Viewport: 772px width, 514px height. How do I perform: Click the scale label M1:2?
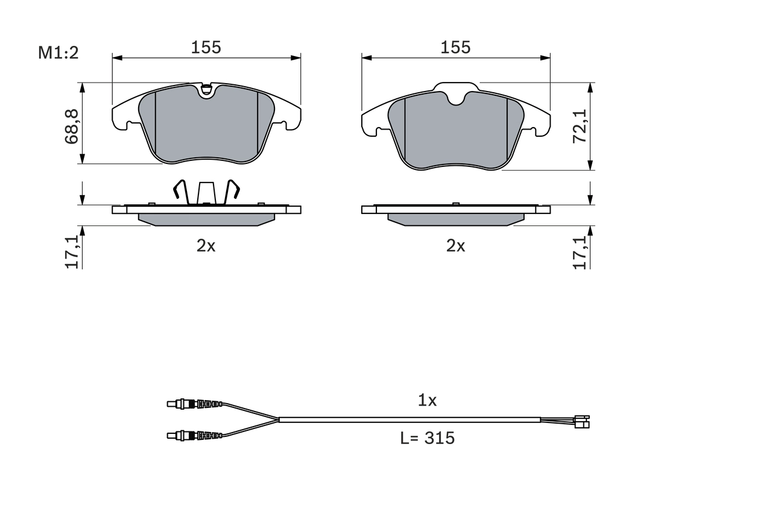click(59, 53)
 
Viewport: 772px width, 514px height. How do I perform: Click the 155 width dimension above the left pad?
click(206, 48)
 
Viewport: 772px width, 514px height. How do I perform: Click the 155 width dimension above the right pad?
click(455, 48)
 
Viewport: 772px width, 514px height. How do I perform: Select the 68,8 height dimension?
click(73, 126)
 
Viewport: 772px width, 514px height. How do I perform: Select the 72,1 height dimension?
click(580, 126)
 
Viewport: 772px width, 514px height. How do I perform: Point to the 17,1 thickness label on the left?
click(73, 251)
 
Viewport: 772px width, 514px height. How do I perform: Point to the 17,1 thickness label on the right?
click(580, 251)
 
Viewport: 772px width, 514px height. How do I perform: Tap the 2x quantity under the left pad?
click(206, 246)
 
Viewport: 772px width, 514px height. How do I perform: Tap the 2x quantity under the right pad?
click(455, 246)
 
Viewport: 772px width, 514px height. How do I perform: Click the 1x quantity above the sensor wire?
click(427, 400)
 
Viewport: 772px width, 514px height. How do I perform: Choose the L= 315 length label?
click(427, 439)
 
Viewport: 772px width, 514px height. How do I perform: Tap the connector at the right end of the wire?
click(582, 422)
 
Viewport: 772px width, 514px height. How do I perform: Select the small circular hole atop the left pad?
click(206, 91)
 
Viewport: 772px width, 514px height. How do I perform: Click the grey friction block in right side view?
click(455, 219)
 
